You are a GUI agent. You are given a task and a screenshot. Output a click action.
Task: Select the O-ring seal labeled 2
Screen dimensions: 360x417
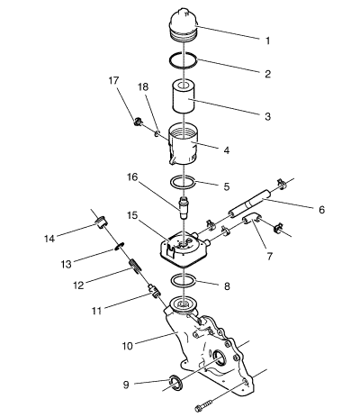pyautogui.click(x=183, y=67)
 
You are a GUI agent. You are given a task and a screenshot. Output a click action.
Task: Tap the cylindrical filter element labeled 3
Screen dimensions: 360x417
pyautogui.click(x=184, y=96)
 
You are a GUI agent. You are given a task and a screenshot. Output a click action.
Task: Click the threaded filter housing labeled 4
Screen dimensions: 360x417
pyautogui.click(x=183, y=144)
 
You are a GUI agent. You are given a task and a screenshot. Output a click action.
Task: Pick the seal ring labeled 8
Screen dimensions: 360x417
pyautogui.click(x=183, y=284)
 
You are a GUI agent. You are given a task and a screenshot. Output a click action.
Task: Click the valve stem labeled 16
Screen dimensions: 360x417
pyautogui.click(x=184, y=208)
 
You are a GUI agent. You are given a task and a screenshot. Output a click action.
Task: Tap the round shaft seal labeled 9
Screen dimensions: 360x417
pyautogui.click(x=175, y=386)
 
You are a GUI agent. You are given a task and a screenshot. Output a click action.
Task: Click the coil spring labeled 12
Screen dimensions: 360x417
pyautogui.click(x=135, y=267)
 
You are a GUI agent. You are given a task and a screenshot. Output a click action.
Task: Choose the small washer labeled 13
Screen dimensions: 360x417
pyautogui.click(x=120, y=246)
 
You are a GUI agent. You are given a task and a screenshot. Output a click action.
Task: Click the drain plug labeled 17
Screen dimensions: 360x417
pyautogui.click(x=138, y=122)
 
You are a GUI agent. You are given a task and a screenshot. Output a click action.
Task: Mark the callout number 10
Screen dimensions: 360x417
pyautogui.click(x=127, y=346)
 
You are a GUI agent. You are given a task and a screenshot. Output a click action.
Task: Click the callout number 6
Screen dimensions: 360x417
pyautogui.click(x=321, y=210)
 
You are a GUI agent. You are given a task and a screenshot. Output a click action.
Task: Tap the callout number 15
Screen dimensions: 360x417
pyautogui.click(x=132, y=215)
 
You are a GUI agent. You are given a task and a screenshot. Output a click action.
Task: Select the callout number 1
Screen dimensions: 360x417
pyautogui.click(x=268, y=41)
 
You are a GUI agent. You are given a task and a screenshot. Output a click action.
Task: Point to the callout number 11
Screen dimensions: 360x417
pyautogui.click(x=96, y=311)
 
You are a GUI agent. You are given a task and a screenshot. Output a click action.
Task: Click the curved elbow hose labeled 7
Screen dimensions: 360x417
pyautogui.click(x=252, y=219)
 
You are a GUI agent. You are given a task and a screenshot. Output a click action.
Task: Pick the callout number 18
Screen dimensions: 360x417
pyautogui.click(x=143, y=87)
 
